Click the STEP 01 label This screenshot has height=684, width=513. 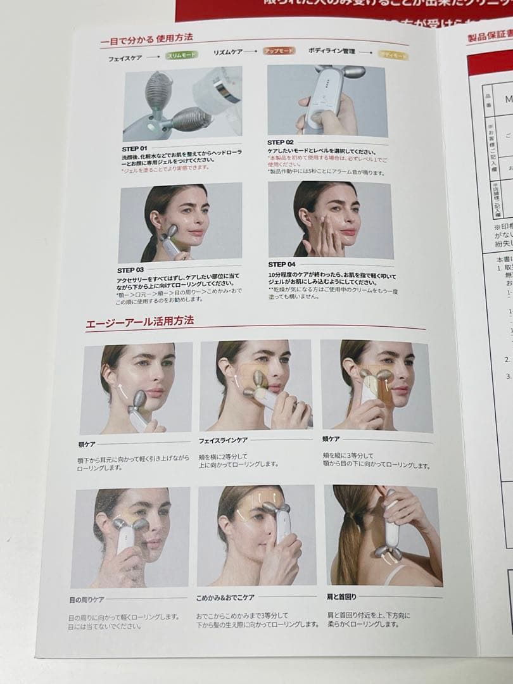tap(135, 148)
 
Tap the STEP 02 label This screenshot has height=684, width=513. tap(281, 142)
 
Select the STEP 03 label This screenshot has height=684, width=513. tap(130, 270)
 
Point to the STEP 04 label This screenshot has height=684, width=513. tap(282, 264)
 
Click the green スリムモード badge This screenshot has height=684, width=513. tap(182, 56)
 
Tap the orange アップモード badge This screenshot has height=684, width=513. tap(279, 51)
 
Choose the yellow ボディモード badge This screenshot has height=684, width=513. tap(393, 55)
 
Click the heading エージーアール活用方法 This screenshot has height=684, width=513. tap(140, 322)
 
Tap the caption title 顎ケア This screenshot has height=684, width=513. tap(87, 445)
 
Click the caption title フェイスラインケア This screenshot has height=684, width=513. tap(223, 440)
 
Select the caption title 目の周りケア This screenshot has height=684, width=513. tap(86, 599)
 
